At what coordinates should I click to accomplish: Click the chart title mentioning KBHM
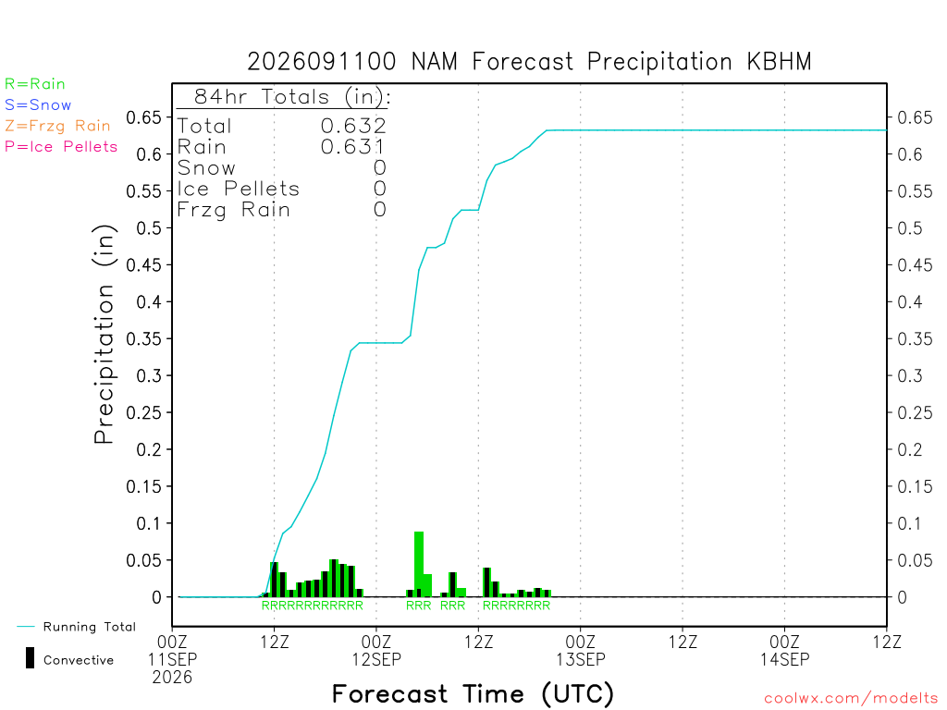coord(529,62)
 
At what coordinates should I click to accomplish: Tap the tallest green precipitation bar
coord(419,564)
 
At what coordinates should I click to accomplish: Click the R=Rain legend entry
coord(35,84)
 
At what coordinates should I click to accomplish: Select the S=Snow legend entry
coord(38,105)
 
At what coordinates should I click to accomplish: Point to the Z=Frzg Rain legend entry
coord(57,126)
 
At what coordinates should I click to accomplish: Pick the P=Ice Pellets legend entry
coord(61,147)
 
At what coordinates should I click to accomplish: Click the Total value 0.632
coord(353,126)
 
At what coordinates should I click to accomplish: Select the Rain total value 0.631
coord(352,147)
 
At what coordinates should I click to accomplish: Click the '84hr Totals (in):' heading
coord(292,96)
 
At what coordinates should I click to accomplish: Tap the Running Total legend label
coord(90,627)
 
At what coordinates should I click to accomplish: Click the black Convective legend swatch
coord(30,658)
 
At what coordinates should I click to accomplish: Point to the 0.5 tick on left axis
coord(149,228)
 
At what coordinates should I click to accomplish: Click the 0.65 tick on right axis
coord(915,117)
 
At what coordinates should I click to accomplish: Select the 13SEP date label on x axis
coord(581,659)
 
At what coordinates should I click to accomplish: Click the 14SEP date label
coord(784,659)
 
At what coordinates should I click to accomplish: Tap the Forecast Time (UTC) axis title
coord(473,694)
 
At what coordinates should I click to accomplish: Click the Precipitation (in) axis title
coord(104,335)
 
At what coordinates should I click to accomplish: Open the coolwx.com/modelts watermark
coord(851,699)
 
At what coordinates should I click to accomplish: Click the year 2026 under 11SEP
coord(172,678)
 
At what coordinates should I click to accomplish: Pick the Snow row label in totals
coord(206,168)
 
